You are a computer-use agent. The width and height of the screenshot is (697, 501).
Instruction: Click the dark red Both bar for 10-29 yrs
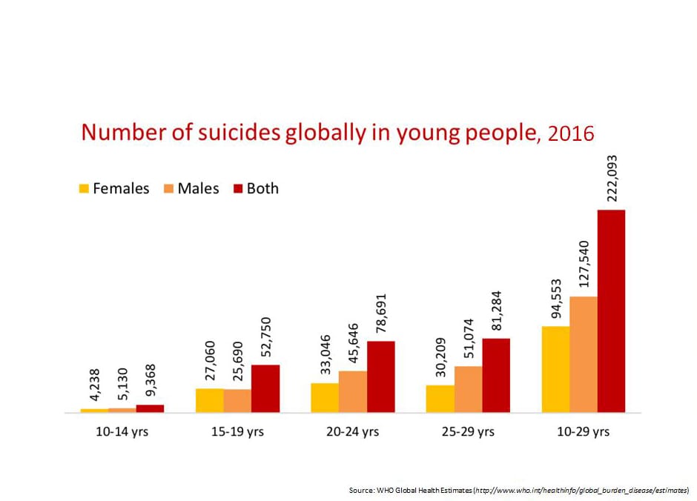click(x=612, y=311)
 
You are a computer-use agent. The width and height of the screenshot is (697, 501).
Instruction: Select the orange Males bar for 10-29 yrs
click(x=584, y=354)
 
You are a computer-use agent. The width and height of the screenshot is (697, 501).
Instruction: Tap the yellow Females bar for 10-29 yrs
click(x=556, y=369)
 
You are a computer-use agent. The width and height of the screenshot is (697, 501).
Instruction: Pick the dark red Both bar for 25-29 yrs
click(x=496, y=375)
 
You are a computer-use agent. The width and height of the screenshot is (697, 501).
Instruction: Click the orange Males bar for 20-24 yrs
click(x=353, y=391)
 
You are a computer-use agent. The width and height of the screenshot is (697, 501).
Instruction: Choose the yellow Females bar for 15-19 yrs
click(x=209, y=400)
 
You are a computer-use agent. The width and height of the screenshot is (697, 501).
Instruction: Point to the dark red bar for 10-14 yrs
click(x=151, y=408)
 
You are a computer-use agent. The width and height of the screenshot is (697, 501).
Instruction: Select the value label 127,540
click(x=584, y=265)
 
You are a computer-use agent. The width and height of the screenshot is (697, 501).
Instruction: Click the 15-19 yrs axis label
click(x=237, y=431)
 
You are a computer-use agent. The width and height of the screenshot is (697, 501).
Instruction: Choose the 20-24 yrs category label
click(x=353, y=431)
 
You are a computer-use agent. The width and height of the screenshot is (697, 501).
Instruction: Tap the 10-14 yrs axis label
click(x=122, y=431)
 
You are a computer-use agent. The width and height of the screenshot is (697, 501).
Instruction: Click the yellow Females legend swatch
click(x=84, y=189)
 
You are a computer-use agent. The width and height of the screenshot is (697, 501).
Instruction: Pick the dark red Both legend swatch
click(x=238, y=189)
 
